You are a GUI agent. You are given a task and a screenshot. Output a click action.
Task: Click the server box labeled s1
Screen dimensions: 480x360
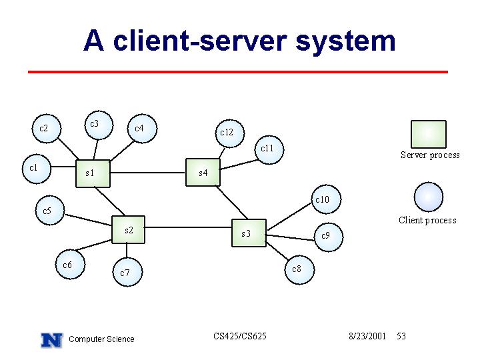point(93,173)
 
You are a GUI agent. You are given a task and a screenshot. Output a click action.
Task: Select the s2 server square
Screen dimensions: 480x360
point(128,229)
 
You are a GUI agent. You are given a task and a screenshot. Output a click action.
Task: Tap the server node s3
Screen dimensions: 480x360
point(249,233)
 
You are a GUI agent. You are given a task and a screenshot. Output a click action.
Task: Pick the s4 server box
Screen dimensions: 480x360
point(203,173)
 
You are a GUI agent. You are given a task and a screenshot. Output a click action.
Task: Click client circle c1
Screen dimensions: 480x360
point(37,169)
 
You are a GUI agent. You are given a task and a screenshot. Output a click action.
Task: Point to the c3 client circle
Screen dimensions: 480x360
point(99,125)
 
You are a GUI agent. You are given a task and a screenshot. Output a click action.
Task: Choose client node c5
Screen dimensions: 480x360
point(50,210)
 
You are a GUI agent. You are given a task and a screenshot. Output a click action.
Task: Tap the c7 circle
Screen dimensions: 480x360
point(127,272)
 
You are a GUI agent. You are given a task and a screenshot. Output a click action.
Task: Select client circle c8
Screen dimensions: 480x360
point(299,270)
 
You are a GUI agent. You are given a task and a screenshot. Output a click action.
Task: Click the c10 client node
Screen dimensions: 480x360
point(326,199)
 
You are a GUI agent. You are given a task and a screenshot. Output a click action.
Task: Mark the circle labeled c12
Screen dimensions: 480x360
point(230,133)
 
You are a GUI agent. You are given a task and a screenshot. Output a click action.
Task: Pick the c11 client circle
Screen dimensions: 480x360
point(269,150)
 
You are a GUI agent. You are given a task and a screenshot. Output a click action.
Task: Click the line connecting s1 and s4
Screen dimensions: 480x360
point(148,173)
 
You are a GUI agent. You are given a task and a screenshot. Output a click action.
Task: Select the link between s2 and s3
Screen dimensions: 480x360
point(188,227)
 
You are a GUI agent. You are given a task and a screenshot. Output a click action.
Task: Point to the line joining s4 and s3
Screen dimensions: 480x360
point(231,203)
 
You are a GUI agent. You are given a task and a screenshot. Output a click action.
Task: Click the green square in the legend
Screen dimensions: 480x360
point(428,134)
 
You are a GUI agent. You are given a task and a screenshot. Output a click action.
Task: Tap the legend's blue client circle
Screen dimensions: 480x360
point(428,197)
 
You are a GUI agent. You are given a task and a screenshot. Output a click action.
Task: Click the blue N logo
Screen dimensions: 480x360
point(52,340)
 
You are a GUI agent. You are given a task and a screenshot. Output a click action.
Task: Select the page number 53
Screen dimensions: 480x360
point(401,336)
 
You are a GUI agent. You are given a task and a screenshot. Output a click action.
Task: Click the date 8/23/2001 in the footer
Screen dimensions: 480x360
point(367,336)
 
